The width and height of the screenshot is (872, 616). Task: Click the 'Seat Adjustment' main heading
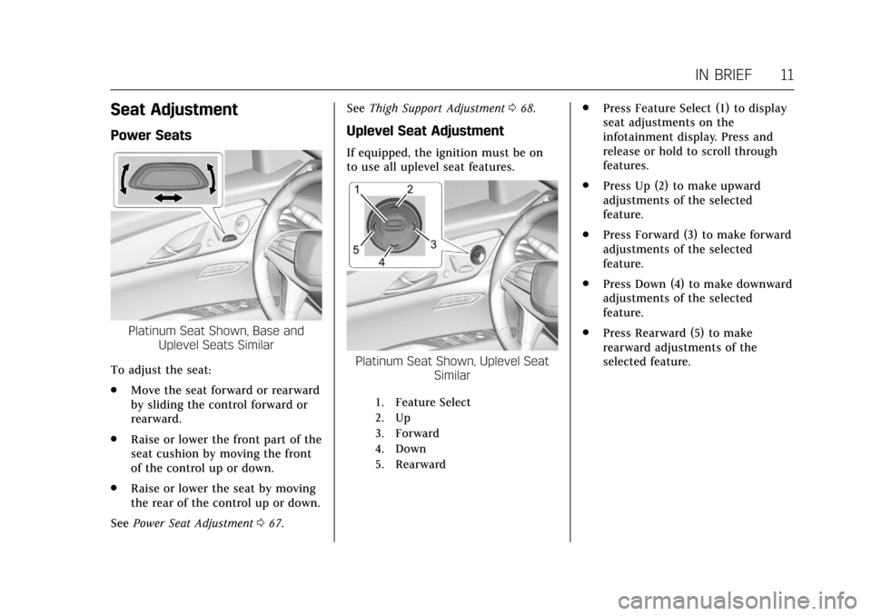point(173,110)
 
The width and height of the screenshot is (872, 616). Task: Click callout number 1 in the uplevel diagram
point(357,189)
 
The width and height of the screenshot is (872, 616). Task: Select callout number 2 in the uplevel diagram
point(410,189)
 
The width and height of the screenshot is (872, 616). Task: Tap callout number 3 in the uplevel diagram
point(433,244)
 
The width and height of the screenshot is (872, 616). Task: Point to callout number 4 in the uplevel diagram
point(381,262)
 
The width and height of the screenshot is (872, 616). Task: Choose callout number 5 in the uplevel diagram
point(356,247)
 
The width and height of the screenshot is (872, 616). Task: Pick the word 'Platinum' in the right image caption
point(383,362)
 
